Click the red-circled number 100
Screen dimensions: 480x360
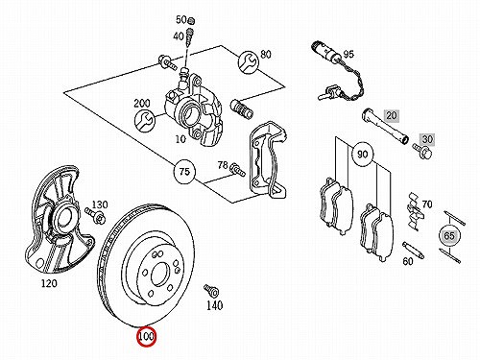click(x=147, y=337)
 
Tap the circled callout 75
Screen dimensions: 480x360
click(x=184, y=172)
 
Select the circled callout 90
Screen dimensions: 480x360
click(x=363, y=155)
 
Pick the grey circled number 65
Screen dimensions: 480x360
click(x=449, y=236)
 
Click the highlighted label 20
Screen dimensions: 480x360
click(x=392, y=115)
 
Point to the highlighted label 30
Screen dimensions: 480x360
click(x=427, y=139)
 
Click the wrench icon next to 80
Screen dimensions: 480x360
click(x=249, y=61)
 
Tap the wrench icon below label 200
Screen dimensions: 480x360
click(x=145, y=121)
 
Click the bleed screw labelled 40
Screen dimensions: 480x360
click(x=191, y=37)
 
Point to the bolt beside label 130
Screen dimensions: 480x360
click(x=95, y=215)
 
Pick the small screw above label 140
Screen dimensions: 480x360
click(x=211, y=290)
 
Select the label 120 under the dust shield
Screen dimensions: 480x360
click(x=49, y=283)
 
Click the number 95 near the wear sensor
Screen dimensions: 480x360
click(x=348, y=54)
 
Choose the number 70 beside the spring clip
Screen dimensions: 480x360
click(x=427, y=204)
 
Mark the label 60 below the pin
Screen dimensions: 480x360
click(x=407, y=261)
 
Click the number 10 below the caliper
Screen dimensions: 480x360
click(x=180, y=139)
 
